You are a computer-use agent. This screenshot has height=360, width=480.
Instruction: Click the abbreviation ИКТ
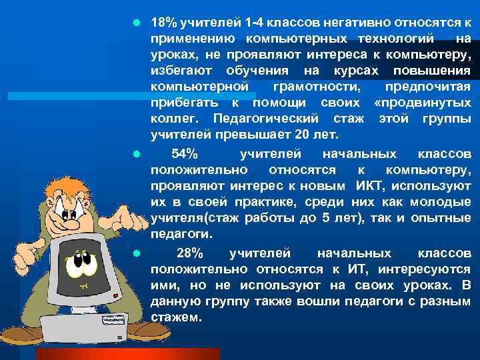[x=369, y=185]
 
